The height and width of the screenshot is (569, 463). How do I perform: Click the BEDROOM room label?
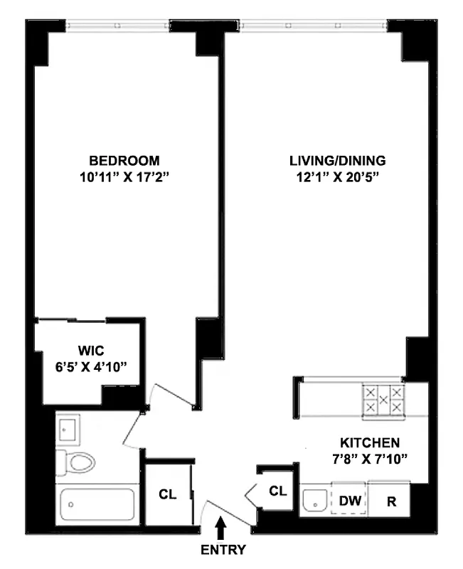click(124, 161)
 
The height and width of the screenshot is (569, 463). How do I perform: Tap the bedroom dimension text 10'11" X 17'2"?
click(124, 178)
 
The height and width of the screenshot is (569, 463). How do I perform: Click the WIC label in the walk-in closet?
click(92, 350)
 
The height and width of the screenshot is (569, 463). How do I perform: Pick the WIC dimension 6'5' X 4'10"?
click(92, 367)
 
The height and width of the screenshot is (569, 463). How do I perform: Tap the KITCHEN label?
click(368, 442)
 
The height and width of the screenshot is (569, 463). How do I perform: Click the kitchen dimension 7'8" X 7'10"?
click(368, 459)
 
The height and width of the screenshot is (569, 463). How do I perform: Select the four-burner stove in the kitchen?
click(383, 400)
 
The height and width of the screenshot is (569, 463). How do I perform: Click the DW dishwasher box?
click(348, 501)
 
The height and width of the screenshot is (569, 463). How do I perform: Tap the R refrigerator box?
click(390, 501)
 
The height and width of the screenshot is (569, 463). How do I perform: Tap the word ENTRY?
click(223, 550)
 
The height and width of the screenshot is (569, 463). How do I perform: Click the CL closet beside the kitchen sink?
click(277, 490)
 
